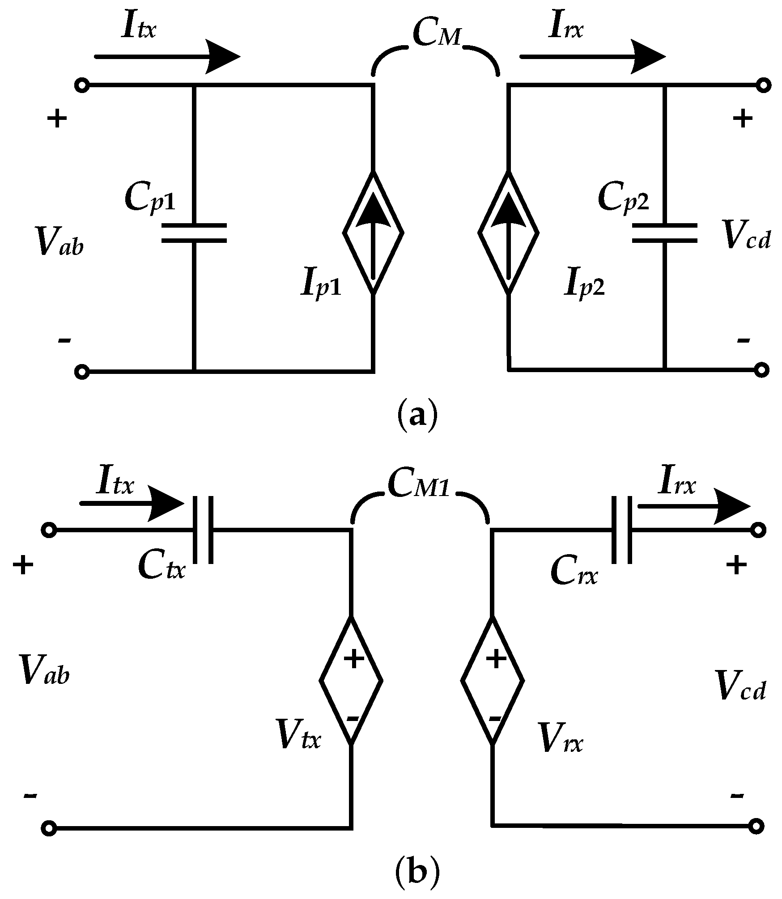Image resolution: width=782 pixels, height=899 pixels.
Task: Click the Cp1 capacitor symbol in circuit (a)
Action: (194, 233)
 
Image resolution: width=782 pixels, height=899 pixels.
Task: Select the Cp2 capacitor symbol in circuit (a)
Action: (665, 233)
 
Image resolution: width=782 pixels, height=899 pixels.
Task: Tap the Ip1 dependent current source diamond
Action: (374, 233)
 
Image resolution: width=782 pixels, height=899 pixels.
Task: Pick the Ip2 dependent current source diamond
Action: (509, 233)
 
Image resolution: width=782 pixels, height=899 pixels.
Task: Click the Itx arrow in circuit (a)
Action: (168, 57)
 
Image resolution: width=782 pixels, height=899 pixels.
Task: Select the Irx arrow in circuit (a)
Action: (593, 57)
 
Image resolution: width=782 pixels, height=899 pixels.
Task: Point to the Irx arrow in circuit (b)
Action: (693, 507)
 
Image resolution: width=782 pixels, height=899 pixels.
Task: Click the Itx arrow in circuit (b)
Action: (132, 504)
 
